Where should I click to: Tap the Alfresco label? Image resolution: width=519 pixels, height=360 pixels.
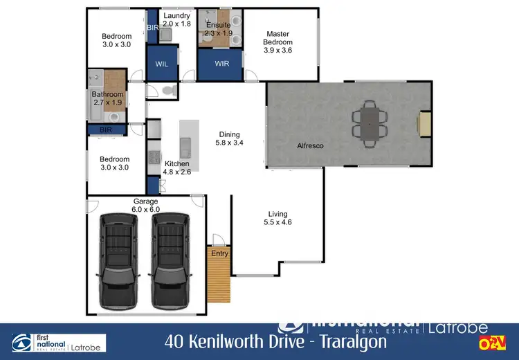click(311, 146)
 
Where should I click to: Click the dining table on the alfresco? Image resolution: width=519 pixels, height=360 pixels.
click(369, 121)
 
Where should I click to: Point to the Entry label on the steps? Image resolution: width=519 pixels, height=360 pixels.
click(219, 253)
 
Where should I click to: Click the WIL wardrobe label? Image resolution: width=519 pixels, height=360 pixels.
click(162, 64)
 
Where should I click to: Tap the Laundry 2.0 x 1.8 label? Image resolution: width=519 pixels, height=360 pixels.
click(176, 19)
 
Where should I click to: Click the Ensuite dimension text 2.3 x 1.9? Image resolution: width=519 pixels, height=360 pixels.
click(219, 33)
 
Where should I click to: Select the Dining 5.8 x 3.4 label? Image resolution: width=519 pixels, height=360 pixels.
click(229, 138)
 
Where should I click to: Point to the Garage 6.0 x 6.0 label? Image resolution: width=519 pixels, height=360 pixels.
click(145, 205)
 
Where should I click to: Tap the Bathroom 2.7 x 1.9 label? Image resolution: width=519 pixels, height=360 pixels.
click(107, 98)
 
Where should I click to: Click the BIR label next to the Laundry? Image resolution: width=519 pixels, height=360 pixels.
click(153, 27)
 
